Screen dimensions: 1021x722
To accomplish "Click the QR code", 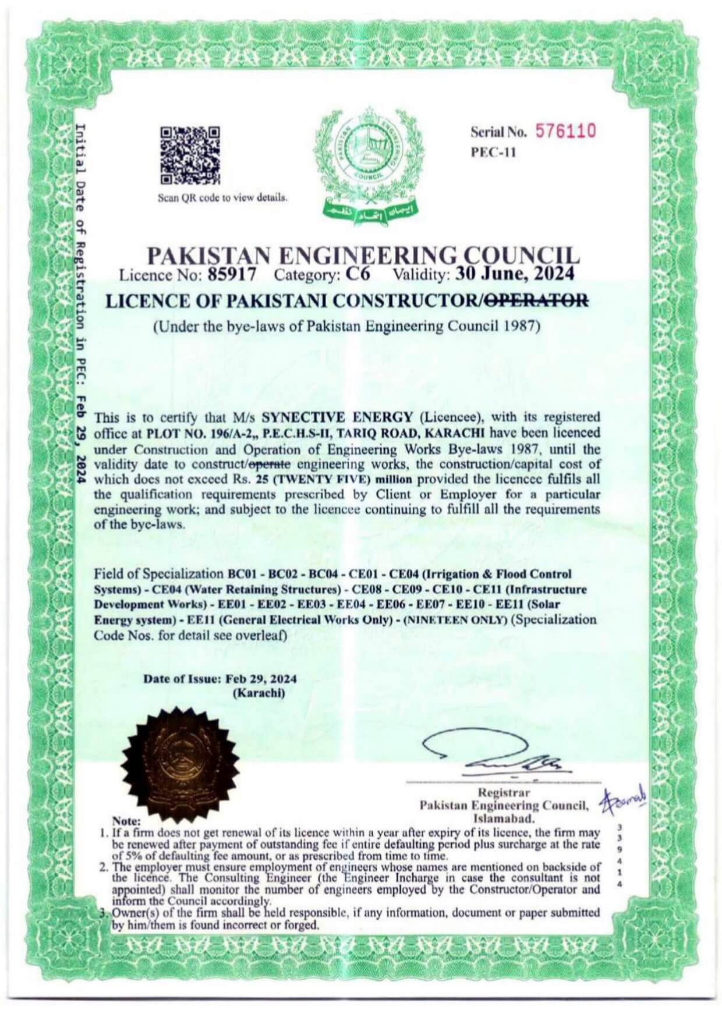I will (x=190, y=155).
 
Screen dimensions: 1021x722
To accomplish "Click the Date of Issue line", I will (x=220, y=679).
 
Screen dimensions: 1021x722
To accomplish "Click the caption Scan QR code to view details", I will (x=223, y=197).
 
